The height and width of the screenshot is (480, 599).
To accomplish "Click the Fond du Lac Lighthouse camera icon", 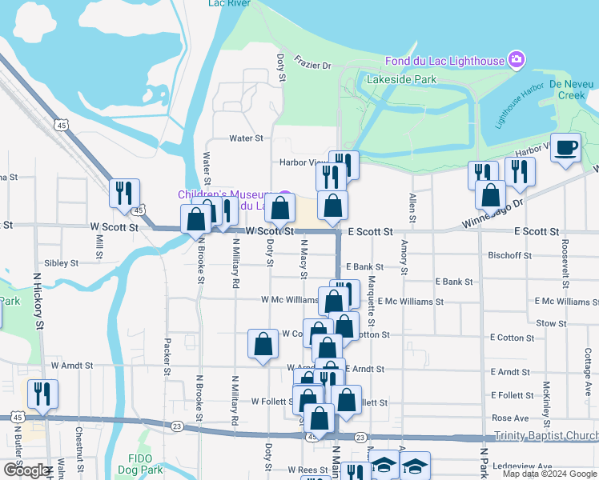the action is (517, 60).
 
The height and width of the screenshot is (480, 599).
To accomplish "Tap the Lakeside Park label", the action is (401, 79).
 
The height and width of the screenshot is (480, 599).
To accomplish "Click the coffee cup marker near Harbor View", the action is (566, 149).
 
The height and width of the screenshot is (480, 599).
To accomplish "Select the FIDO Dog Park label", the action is (140, 464).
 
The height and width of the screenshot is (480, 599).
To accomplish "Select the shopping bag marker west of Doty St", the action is (263, 346).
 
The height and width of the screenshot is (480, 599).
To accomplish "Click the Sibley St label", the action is (62, 262).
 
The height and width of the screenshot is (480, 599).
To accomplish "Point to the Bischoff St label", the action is (509, 255).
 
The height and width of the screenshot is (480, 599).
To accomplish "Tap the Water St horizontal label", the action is (246, 138).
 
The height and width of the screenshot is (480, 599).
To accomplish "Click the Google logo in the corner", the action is (27, 470).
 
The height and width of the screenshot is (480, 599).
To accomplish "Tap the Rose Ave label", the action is (510, 418).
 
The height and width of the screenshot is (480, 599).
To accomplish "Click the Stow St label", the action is (551, 323).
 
